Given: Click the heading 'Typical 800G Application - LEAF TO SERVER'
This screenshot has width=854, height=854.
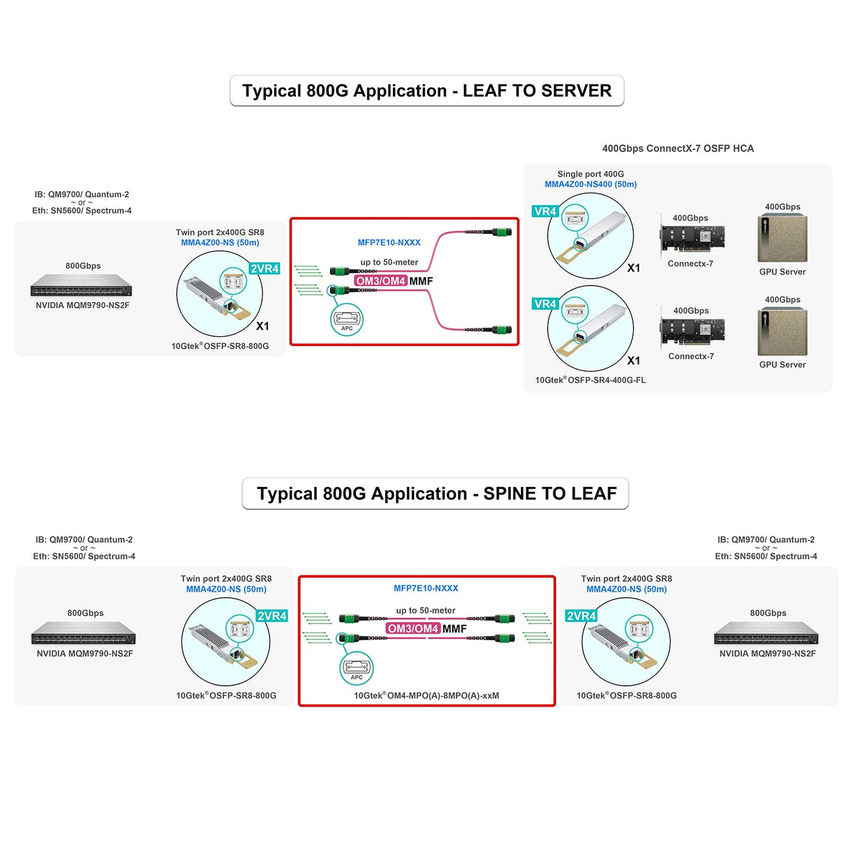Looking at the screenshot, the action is click(x=426, y=91).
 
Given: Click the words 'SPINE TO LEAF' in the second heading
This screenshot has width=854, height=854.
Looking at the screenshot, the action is click(x=550, y=493).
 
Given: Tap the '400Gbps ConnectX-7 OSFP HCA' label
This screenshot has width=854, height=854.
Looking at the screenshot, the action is click(x=678, y=148).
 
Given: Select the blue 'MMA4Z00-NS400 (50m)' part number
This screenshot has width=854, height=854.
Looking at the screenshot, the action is click(x=590, y=184).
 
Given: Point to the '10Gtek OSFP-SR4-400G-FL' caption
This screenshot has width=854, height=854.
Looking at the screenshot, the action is click(x=590, y=380).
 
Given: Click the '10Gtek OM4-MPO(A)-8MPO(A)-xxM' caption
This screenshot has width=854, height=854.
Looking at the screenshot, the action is click(x=426, y=695).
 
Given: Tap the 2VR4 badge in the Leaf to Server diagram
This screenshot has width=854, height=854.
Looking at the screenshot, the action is click(x=265, y=268).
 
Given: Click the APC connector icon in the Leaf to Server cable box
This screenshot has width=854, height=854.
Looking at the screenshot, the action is click(x=347, y=320).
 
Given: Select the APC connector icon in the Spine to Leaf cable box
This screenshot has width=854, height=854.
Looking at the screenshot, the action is click(x=356, y=669).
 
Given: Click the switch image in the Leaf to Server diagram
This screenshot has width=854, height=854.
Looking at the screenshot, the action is click(x=81, y=285).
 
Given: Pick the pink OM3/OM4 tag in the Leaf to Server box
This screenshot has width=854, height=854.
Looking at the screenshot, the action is click(x=381, y=281).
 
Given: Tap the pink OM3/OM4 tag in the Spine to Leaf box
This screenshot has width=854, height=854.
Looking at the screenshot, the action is click(x=413, y=628).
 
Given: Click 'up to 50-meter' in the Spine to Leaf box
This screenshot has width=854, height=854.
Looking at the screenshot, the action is click(x=425, y=610).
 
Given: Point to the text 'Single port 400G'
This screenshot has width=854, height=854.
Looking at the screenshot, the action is click(x=590, y=174).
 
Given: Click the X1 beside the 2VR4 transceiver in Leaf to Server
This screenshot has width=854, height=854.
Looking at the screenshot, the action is click(x=262, y=326).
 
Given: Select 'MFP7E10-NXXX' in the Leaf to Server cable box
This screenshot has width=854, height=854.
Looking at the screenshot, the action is click(x=389, y=242).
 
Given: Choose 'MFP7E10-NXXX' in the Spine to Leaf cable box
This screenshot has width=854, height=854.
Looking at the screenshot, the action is click(x=426, y=588).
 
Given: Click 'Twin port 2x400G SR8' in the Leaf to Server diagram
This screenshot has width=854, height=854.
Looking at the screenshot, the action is click(x=220, y=232).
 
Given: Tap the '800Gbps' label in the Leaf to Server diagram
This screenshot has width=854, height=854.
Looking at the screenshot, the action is click(x=83, y=266).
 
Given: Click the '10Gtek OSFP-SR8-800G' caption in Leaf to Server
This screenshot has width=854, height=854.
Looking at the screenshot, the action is click(x=220, y=346).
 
